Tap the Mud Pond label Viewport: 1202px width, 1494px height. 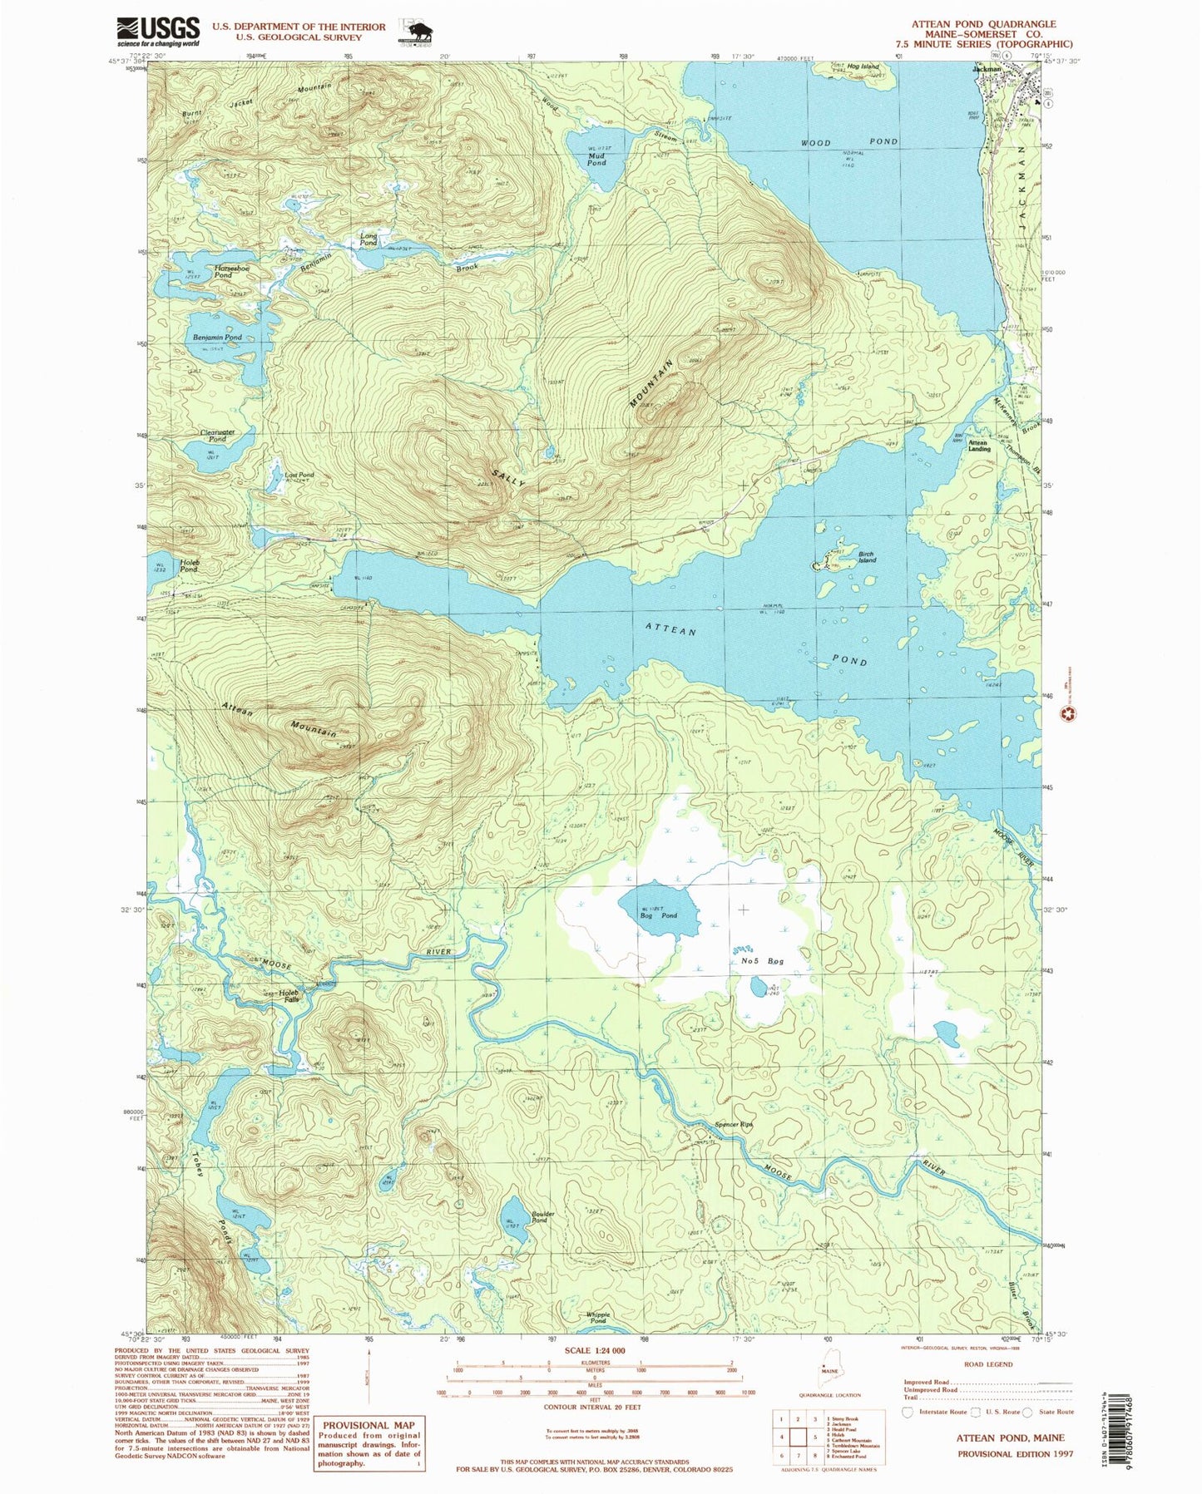pos(596,159)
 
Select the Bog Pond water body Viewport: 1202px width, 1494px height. pos(657,907)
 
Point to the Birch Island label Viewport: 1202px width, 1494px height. pos(868,557)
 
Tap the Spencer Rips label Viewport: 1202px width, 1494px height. pos(733,1124)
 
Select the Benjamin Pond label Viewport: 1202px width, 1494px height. pos(217,338)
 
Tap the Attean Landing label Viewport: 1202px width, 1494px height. pos(978,446)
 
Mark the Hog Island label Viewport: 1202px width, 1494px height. pos(863,67)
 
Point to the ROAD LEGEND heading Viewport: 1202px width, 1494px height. pos(988,1364)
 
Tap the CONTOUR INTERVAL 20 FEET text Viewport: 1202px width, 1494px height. pos(594,1407)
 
